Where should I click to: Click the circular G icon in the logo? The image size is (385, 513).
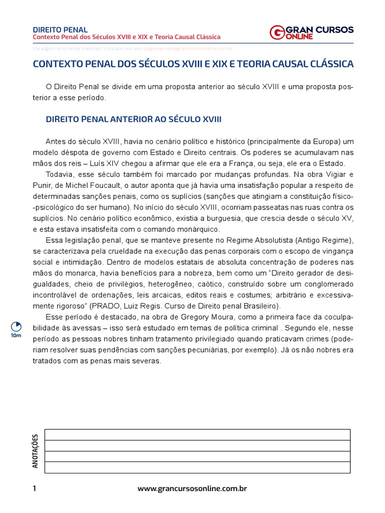coord(277,33)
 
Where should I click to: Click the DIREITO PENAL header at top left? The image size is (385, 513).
coord(60,30)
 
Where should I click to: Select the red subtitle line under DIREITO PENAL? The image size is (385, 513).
coord(126,38)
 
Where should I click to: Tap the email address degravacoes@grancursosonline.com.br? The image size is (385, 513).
coord(188,49)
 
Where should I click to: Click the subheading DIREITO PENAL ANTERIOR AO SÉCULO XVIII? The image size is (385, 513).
coord(133,119)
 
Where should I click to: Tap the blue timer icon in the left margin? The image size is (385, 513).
coord(16,326)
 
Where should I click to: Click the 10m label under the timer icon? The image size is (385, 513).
coord(16,336)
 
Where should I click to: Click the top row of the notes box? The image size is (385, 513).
coord(197,434)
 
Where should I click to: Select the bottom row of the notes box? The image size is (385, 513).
coord(197,467)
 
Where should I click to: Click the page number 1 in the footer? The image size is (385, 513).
coord(35,488)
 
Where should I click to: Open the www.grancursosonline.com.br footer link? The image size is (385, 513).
coord(192,488)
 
